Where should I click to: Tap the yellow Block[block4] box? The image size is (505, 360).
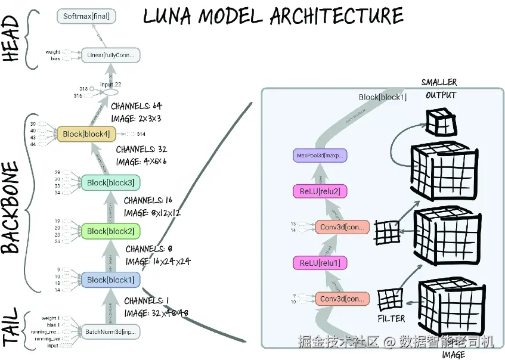(86, 135)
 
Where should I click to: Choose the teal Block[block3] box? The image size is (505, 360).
(110, 182)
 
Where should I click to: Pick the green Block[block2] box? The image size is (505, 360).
(110, 231)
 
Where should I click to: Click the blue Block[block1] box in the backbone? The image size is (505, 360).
(110, 280)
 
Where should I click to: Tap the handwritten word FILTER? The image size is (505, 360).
(391, 319)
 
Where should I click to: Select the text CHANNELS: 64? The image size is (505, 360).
(137, 106)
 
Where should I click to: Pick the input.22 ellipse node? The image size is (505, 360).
(111, 92)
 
